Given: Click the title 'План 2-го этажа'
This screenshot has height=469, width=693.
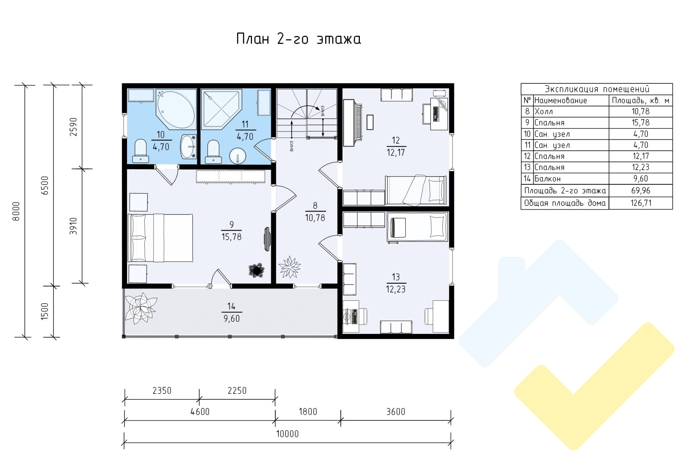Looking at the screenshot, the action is tap(298, 39).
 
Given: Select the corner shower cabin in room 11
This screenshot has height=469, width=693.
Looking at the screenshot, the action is tap(221, 109).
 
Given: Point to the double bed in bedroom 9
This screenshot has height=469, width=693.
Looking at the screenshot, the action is tap(161, 238).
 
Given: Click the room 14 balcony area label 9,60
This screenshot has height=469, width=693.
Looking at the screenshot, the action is tap(232, 319).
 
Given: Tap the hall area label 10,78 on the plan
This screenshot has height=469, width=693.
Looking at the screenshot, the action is tap(315, 218).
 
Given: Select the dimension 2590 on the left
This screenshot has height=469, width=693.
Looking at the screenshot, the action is tap(74, 127).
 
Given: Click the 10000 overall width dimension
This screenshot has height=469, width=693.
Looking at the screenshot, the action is tap(288, 434).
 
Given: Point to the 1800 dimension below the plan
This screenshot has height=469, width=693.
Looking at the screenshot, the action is tap(308, 412).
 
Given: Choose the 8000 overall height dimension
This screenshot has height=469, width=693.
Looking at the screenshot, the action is tap(16, 211).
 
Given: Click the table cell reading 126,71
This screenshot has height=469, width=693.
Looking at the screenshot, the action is tap(641, 203).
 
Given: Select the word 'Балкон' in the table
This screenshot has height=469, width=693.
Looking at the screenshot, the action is tap(548, 179).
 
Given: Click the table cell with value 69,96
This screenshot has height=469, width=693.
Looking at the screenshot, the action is tap(641, 191).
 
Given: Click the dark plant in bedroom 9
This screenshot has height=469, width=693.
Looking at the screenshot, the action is tap(257, 270).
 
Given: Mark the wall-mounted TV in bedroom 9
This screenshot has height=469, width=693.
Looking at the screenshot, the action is tap(267, 239).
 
